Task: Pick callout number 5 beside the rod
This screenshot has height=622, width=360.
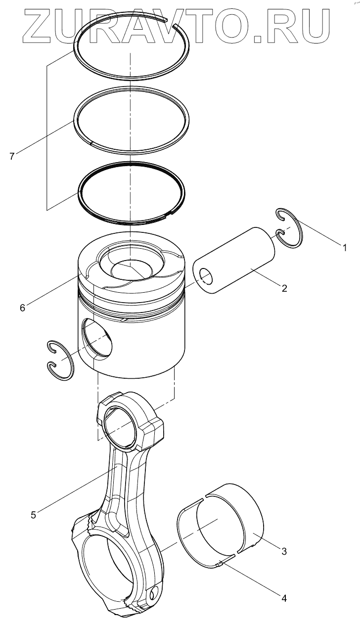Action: (x=33, y=515)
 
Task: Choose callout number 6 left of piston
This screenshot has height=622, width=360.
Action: (x=22, y=308)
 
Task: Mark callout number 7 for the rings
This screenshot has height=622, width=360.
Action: (x=12, y=156)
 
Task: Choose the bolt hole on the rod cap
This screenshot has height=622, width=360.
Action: (x=155, y=592)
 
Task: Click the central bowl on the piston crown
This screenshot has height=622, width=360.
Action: (x=130, y=269)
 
